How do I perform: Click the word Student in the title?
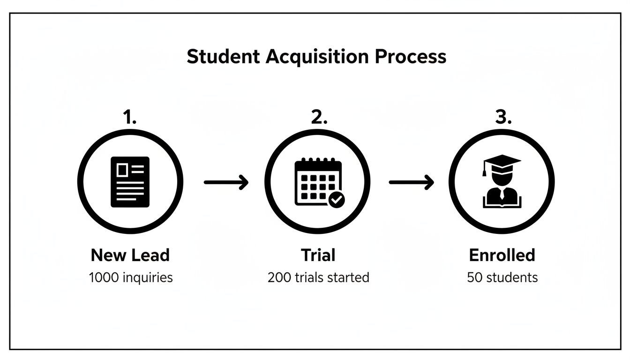pyautogui.click(x=223, y=57)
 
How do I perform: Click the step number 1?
pyautogui.click(x=129, y=118)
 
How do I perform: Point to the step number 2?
pyautogui.click(x=318, y=118)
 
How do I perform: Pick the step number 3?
pyautogui.click(x=502, y=118)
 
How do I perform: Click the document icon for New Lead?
pyautogui.click(x=130, y=182)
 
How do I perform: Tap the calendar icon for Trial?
pyautogui.click(x=318, y=182)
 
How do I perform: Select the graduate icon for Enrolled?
pyautogui.click(x=502, y=181)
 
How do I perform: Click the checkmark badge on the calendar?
pyautogui.click(x=336, y=199)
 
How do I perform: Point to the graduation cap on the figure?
pyautogui.click(x=501, y=162)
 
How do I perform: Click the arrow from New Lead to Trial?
pyautogui.click(x=226, y=182)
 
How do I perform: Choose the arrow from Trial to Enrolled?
pyautogui.click(x=411, y=182)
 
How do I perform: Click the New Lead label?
pyautogui.click(x=130, y=255)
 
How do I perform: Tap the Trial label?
pyautogui.click(x=318, y=255)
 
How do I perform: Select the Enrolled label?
pyautogui.click(x=502, y=255)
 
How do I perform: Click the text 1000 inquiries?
pyautogui.click(x=131, y=277)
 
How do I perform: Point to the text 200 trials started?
pyautogui.click(x=318, y=277)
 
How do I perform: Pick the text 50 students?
pyautogui.click(x=502, y=277)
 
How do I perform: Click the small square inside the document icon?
pyautogui.click(x=122, y=170)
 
